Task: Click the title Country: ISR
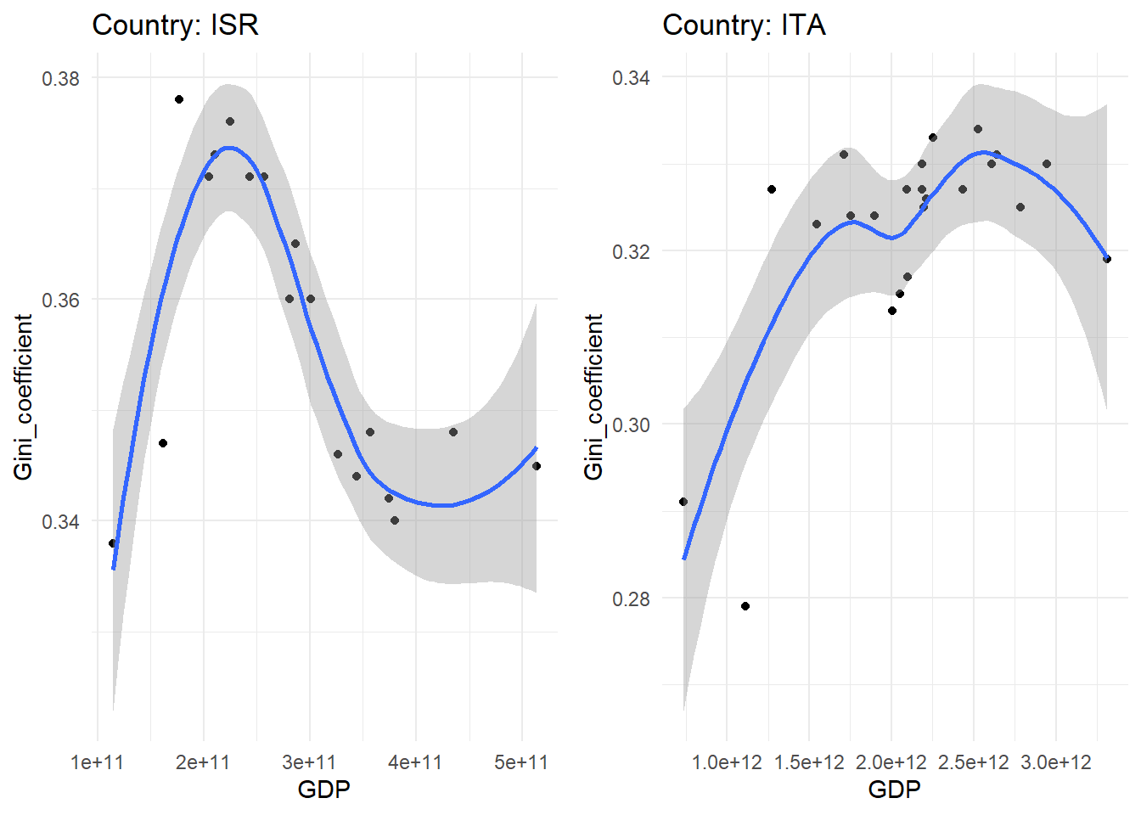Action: tap(175, 25)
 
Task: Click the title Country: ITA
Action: tap(744, 25)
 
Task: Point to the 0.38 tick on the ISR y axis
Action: tap(60, 78)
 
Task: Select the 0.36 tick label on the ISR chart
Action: tap(60, 300)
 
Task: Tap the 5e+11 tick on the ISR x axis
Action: tap(521, 762)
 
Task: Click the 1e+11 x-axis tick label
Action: tap(98, 762)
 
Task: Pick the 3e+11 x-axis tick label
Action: tap(309, 762)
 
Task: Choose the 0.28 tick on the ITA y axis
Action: tap(631, 599)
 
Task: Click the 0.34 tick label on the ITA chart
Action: tap(631, 77)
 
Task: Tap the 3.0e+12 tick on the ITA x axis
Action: tap(1056, 762)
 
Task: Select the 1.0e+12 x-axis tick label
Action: tap(727, 762)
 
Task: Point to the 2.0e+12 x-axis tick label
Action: tap(891, 762)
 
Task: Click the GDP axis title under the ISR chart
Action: tap(323, 790)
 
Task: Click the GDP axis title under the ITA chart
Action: tap(894, 790)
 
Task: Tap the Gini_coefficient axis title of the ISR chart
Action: tap(24, 396)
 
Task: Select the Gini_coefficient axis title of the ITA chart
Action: tap(594, 396)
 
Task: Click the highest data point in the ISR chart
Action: tap(179, 99)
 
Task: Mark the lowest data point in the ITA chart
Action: tap(745, 606)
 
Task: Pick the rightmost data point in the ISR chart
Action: tap(537, 466)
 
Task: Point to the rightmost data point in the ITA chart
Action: tap(1107, 259)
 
